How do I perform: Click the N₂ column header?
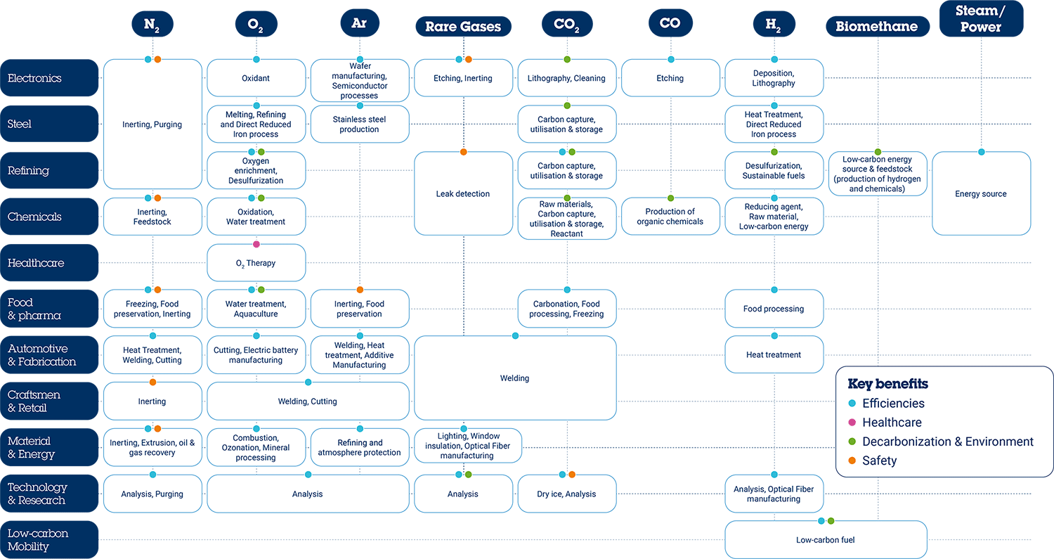pyautogui.click(x=152, y=24)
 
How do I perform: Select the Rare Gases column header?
pyautogui.click(x=463, y=27)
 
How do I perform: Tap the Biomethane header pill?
pyautogui.click(x=877, y=27)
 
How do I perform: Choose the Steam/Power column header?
pyautogui.click(x=981, y=19)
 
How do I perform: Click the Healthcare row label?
pyautogui.click(x=49, y=263)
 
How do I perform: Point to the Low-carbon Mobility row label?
pyautogui.click(x=49, y=540)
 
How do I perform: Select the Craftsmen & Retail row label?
pyautogui.click(x=49, y=401)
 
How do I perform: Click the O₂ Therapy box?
pyautogui.click(x=256, y=263)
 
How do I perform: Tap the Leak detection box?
pyautogui.click(x=463, y=193)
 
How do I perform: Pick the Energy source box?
pyautogui.click(x=981, y=193)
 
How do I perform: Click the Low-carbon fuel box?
pyautogui.click(x=826, y=540)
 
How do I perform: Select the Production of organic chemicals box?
pyautogui.click(x=670, y=217)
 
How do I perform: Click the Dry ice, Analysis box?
pyautogui.click(x=566, y=494)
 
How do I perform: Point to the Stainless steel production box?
pyautogui.click(x=360, y=124)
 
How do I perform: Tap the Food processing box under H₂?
pyautogui.click(x=774, y=309)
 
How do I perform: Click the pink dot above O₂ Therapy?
pyautogui.click(x=256, y=244)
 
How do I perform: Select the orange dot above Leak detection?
pyautogui.click(x=464, y=152)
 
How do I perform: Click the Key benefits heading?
pyautogui.click(x=888, y=384)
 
